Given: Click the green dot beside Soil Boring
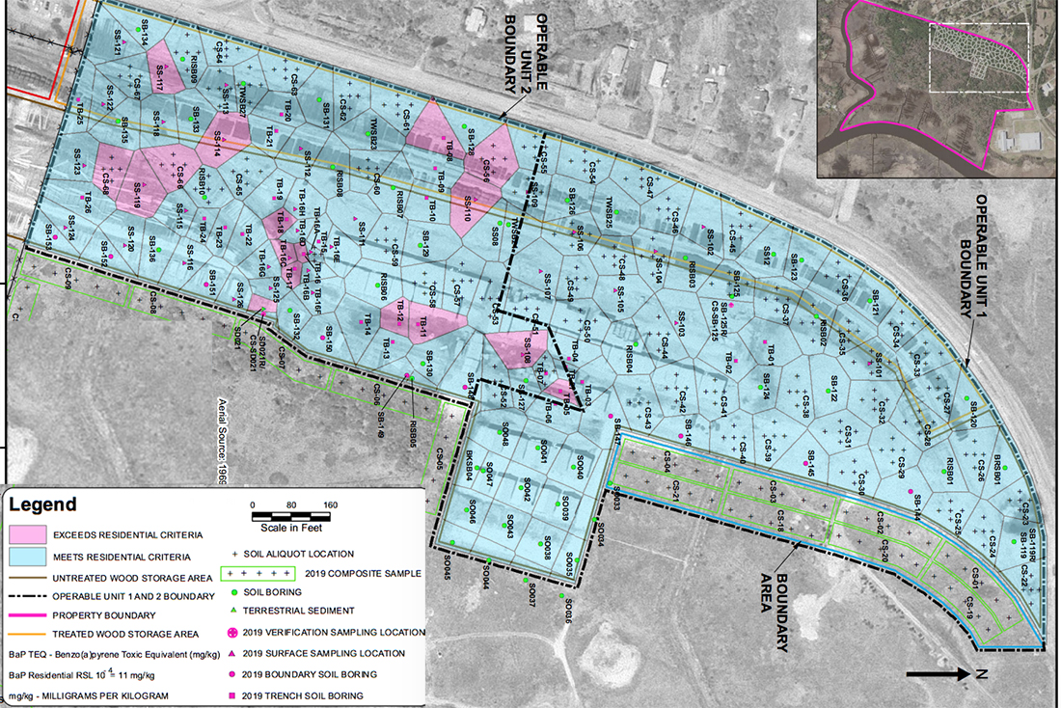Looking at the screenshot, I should [236, 591].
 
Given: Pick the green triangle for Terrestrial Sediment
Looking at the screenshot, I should [236, 611].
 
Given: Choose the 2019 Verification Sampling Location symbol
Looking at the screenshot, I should [236, 633].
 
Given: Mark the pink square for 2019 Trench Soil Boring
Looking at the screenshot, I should [236, 695].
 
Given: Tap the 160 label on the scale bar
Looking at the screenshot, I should [331, 504].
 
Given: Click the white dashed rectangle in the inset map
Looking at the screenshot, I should [978, 58].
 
